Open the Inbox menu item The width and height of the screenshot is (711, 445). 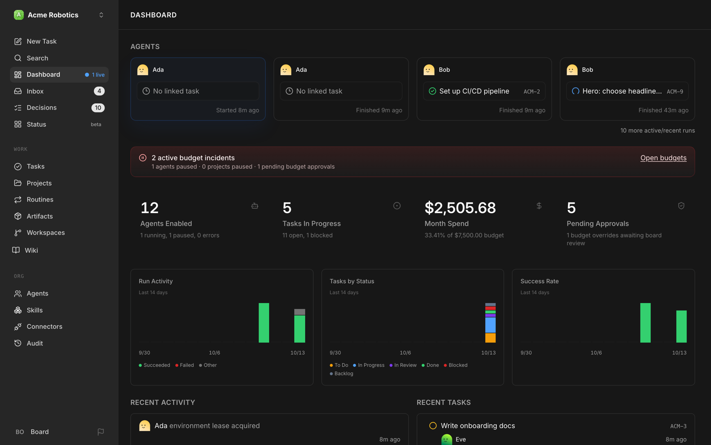click(35, 91)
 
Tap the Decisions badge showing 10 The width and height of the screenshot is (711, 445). click(98, 108)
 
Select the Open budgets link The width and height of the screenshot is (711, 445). click(663, 158)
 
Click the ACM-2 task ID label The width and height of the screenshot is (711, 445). click(531, 92)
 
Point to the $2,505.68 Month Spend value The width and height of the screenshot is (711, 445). click(460, 207)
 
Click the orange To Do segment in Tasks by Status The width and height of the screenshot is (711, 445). click(491, 338)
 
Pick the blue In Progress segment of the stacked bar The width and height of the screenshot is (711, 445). click(491, 325)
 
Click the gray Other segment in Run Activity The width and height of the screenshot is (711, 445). click(300, 312)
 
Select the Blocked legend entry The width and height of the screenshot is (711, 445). click(455, 365)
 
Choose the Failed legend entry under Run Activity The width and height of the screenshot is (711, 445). click(184, 365)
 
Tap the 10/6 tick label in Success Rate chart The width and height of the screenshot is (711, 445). click(596, 352)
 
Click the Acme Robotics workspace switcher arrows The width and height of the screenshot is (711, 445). click(101, 15)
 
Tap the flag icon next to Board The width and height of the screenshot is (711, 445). click(100, 432)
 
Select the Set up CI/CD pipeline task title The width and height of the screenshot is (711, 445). click(474, 91)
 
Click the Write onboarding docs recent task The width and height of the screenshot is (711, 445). click(478, 425)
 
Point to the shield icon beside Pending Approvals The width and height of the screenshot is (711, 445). click(681, 206)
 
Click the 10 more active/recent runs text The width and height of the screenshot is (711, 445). click(657, 130)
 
